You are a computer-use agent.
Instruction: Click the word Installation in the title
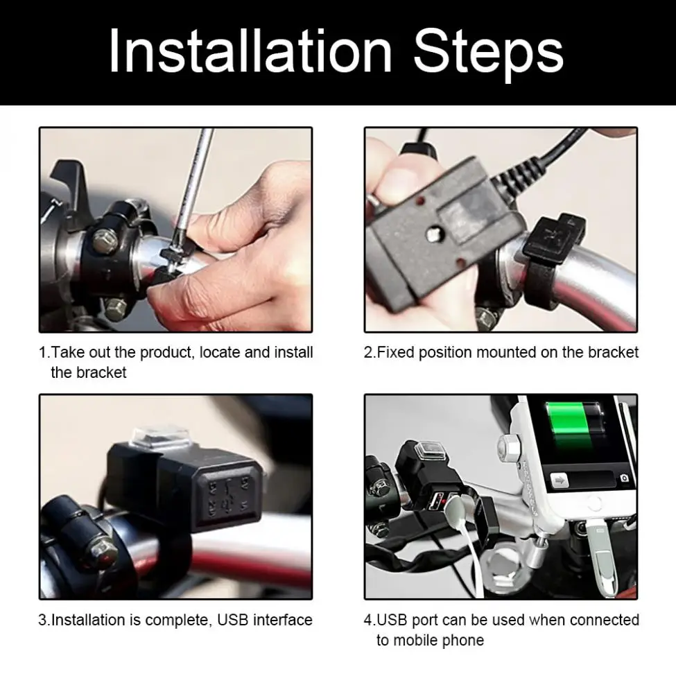tap(250, 51)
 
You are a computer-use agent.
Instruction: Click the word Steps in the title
tap(489, 54)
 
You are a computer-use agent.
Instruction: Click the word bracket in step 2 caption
tap(613, 352)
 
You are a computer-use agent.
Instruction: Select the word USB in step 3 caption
tap(233, 620)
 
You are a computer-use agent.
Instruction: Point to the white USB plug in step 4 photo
tap(459, 510)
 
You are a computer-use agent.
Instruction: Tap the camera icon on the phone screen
tap(624, 478)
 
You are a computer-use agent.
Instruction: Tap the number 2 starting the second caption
tap(368, 353)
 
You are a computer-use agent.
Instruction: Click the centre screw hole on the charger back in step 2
tap(433, 236)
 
